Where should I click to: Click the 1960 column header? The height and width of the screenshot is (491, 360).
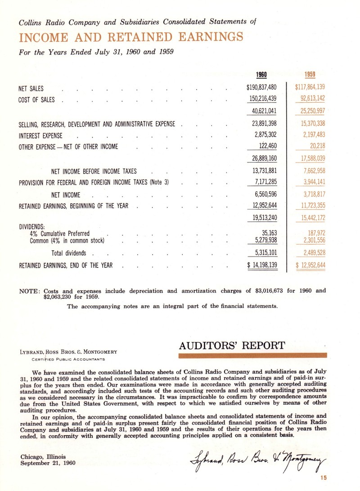pos(261,76)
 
